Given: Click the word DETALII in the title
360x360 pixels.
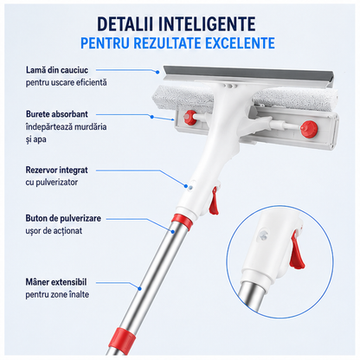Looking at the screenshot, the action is (x=125, y=23).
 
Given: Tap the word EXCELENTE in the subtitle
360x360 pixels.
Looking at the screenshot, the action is (x=240, y=43).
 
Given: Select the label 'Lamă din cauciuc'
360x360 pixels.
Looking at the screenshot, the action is (x=57, y=70).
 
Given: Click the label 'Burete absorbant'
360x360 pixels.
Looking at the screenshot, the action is (x=57, y=114).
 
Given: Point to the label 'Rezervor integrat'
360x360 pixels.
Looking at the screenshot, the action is (x=56, y=170).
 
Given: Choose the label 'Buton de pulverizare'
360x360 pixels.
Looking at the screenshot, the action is (x=63, y=218).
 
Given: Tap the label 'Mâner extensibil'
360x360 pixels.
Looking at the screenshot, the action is (x=56, y=282).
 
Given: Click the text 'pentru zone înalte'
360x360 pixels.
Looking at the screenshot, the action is (x=57, y=294).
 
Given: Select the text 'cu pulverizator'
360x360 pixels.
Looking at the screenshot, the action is (x=52, y=183).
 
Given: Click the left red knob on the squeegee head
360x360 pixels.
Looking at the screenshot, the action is (x=190, y=116).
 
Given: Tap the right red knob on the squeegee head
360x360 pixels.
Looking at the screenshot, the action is (x=308, y=128).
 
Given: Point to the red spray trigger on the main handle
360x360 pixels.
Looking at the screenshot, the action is (x=214, y=201).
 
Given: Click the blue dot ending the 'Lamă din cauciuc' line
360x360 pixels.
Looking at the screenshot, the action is (x=157, y=73).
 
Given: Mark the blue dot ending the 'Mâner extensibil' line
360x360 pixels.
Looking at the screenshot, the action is (x=139, y=288).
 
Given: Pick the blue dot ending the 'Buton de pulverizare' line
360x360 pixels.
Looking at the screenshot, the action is (x=173, y=231).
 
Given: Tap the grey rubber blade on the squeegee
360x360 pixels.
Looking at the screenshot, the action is (x=248, y=74).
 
